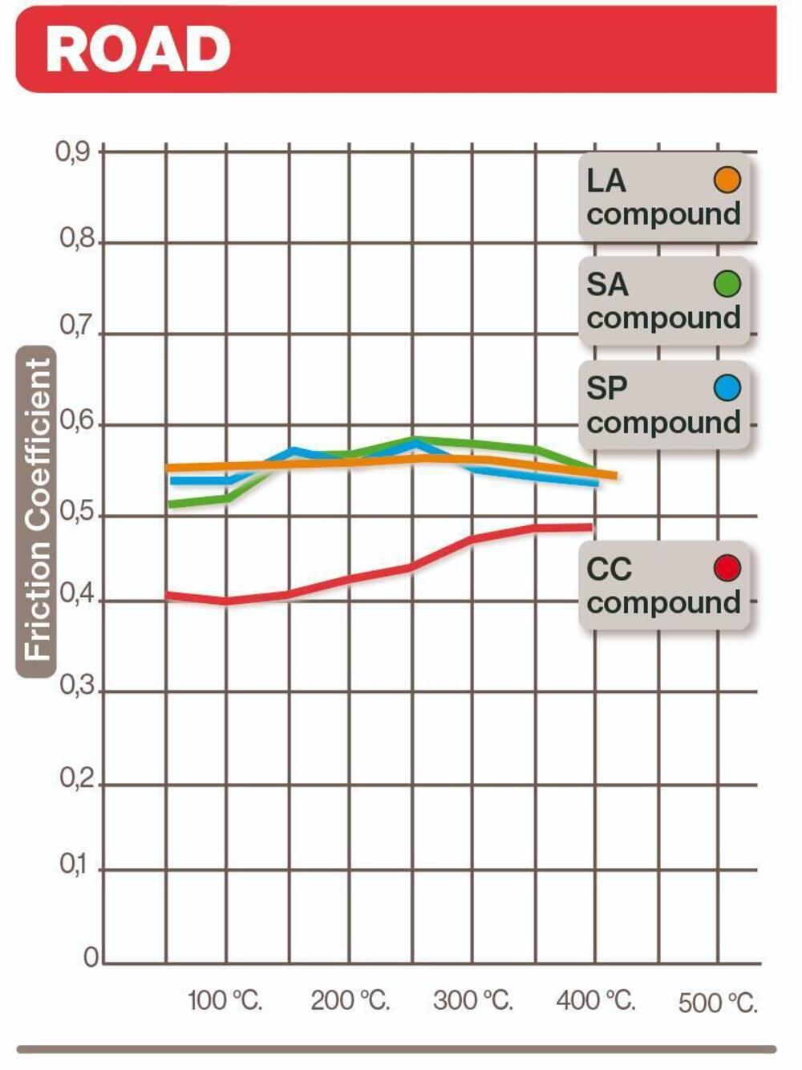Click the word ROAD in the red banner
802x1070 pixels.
click(x=138, y=49)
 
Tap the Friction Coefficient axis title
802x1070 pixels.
click(x=37, y=512)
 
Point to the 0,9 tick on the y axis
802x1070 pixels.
click(x=73, y=151)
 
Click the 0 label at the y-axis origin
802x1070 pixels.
click(x=91, y=958)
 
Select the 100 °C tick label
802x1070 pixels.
click(x=225, y=1001)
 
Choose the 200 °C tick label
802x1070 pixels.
click(x=350, y=1001)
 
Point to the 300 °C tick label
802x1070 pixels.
click(x=472, y=1001)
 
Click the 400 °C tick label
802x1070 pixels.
click(x=596, y=1001)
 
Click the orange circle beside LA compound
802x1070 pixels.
click(x=727, y=180)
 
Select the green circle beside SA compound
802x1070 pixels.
click(x=727, y=283)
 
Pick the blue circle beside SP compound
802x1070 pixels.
click(x=727, y=388)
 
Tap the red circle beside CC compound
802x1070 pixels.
click(x=727, y=568)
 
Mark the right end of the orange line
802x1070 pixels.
click(x=614, y=476)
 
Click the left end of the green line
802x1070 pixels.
click(x=171, y=505)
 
